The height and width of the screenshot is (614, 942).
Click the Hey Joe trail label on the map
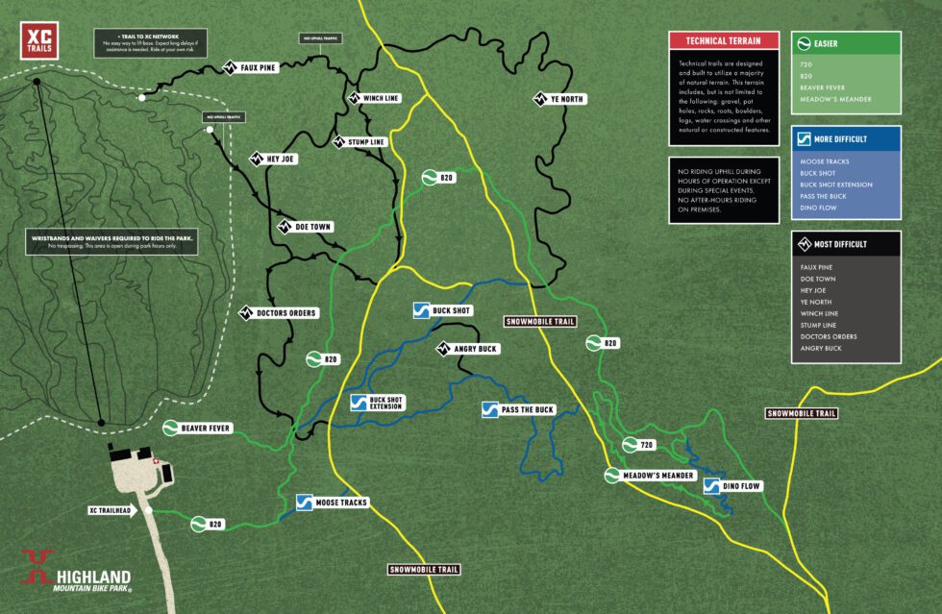(x=277, y=159)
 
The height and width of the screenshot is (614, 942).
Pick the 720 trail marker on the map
(x=638, y=445)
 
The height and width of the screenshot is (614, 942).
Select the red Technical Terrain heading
(x=725, y=40)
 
